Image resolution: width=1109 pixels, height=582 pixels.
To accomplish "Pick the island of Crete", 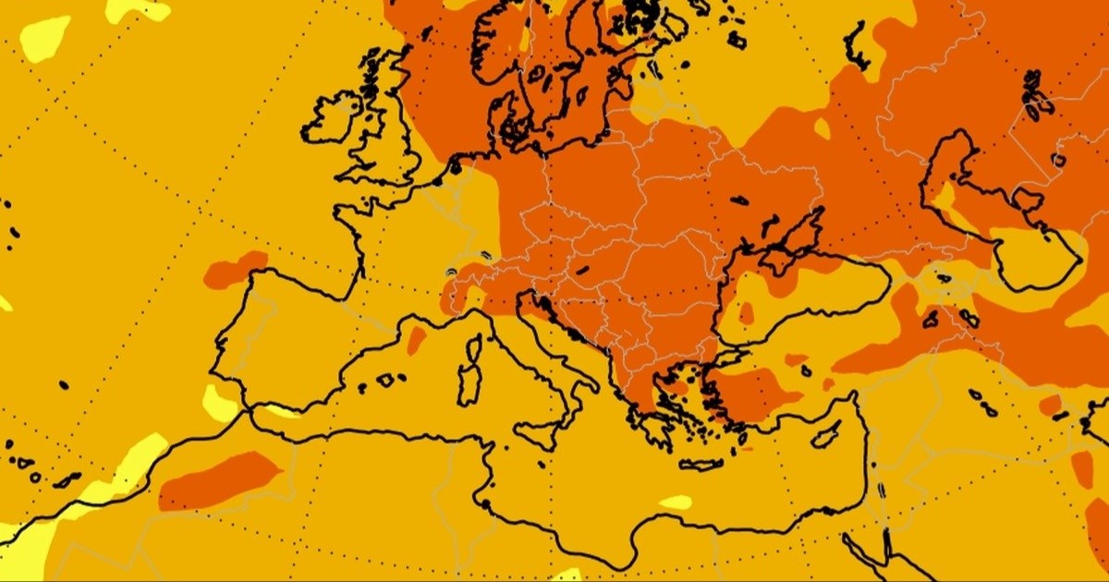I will pyautogui.click(x=701, y=465).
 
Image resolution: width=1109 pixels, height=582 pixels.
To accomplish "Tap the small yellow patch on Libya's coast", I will pyautogui.click(x=676, y=503).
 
